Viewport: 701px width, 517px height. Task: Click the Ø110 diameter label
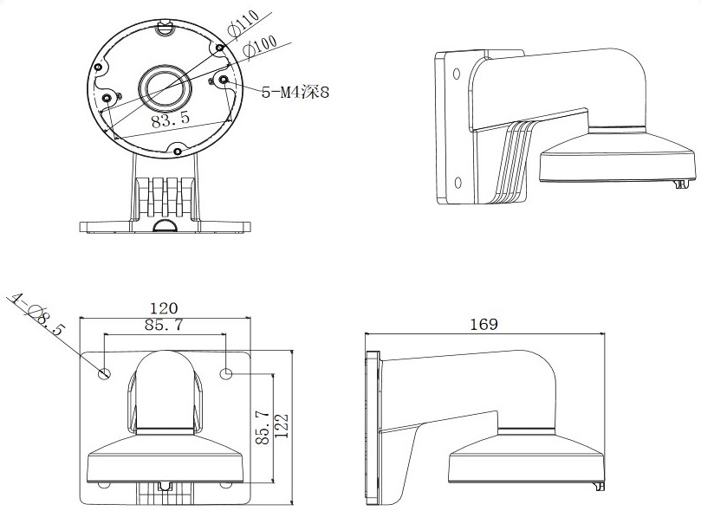(x=243, y=23)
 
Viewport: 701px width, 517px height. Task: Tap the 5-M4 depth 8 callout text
(x=295, y=93)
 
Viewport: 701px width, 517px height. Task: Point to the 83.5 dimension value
(x=170, y=120)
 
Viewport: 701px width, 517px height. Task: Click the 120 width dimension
(x=163, y=308)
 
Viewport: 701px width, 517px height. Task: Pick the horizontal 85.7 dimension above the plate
(x=164, y=325)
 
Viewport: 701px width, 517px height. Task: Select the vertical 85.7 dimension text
(x=263, y=428)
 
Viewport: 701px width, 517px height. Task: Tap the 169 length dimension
(x=484, y=324)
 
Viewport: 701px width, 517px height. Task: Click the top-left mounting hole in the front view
(x=105, y=373)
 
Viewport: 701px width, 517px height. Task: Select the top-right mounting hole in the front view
(x=227, y=373)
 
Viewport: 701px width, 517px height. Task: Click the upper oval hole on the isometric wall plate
(x=457, y=74)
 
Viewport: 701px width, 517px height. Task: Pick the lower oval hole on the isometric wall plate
(x=458, y=183)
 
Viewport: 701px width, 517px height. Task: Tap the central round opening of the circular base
(x=165, y=87)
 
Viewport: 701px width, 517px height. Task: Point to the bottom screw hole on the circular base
(x=178, y=152)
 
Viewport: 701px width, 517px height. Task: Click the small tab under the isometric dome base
(x=681, y=184)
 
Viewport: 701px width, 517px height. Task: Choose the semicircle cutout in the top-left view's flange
(x=165, y=225)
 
